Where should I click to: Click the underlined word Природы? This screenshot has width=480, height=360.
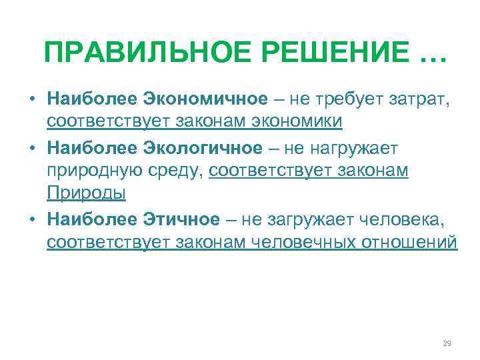pyautogui.click(x=87, y=193)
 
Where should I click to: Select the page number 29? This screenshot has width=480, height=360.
pyautogui.click(x=447, y=343)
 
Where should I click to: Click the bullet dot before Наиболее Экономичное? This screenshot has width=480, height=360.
pyautogui.click(x=31, y=99)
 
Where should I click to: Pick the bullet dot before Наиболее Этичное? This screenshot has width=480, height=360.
pyautogui.click(x=31, y=219)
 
